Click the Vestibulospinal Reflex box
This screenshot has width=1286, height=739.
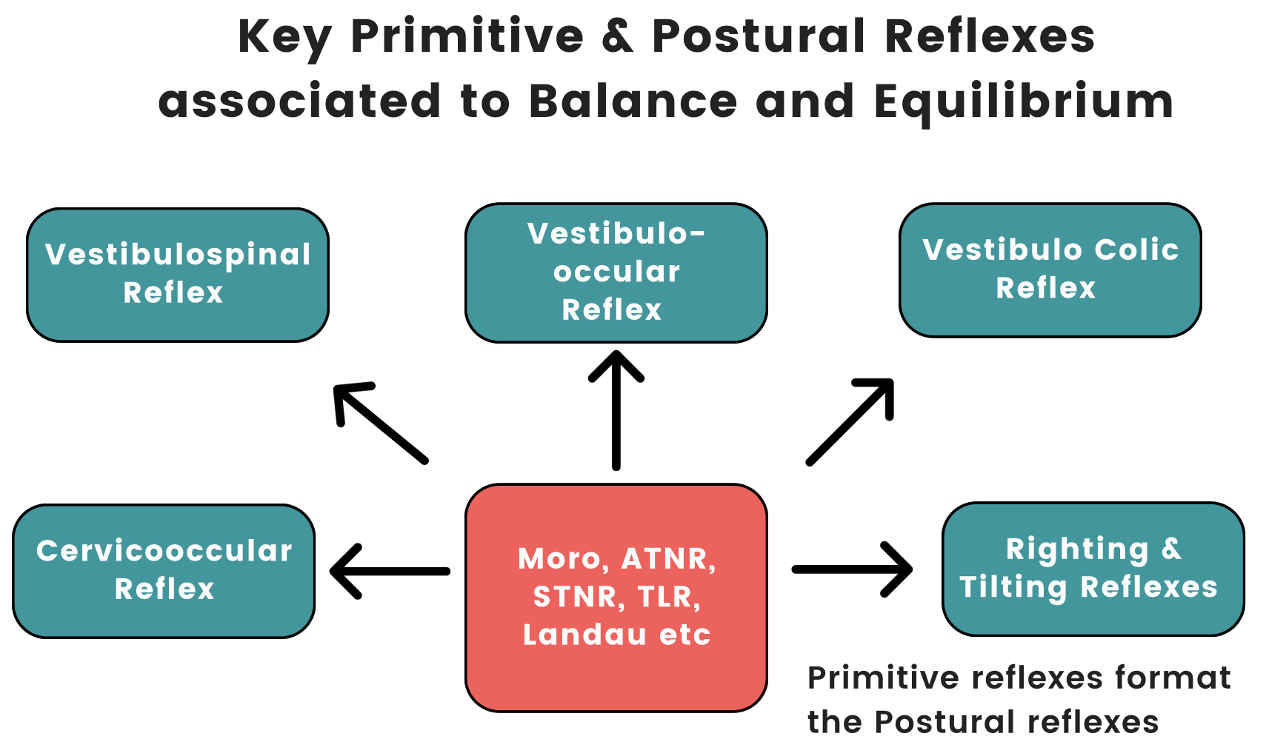tap(178, 275)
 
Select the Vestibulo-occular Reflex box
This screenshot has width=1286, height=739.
tap(616, 272)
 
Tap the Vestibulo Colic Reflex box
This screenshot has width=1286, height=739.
tap(1050, 270)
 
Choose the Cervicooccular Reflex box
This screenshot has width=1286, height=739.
tap(164, 571)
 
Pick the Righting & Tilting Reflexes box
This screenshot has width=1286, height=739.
tap(1093, 569)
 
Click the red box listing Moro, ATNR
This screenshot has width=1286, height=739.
tap(616, 598)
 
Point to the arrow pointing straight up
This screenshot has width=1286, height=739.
tap(616, 410)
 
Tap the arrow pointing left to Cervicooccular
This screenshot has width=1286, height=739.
tap(390, 571)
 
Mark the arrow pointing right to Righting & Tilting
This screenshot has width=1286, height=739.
tap(853, 569)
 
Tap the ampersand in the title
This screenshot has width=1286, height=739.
tap(619, 36)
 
